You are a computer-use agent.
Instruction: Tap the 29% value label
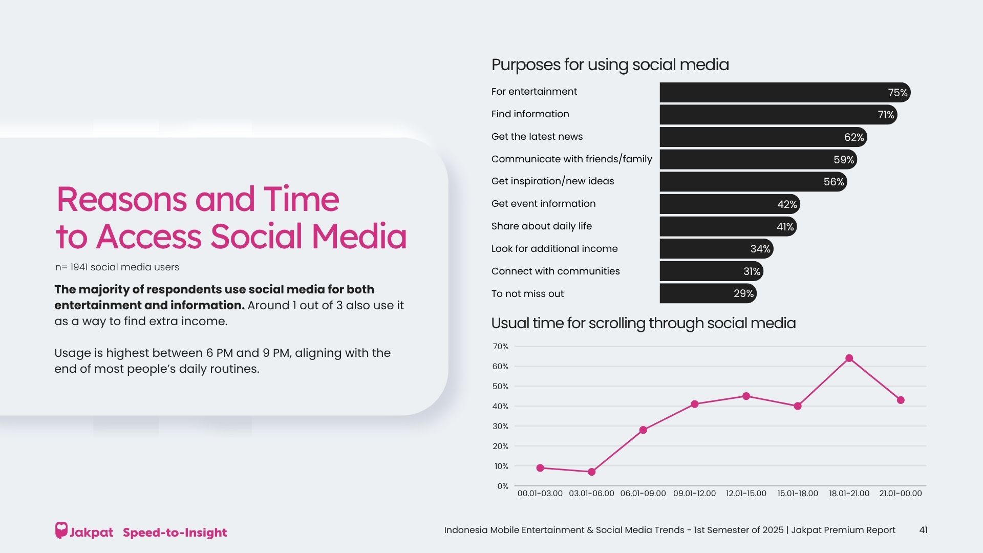[743, 293]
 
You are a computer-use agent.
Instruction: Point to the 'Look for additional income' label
[554, 249]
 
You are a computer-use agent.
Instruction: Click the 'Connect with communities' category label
[555, 271]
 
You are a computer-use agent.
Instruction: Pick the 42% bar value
[787, 204]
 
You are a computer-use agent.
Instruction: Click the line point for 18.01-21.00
[849, 358]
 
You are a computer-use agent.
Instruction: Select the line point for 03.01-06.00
[591, 472]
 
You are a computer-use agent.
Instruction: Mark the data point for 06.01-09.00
[643, 430]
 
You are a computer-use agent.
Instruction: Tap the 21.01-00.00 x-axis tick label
[900, 494]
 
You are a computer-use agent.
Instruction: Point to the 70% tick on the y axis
[500, 347]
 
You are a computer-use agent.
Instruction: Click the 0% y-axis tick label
[502, 486]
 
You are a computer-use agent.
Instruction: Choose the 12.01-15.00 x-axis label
[746, 494]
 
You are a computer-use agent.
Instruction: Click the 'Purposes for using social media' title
[610, 65]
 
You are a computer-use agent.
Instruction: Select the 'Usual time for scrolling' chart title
[643, 324]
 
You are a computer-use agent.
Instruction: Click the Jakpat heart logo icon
[61, 530]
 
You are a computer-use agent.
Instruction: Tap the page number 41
[923, 530]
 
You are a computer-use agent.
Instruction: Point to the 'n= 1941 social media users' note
[117, 267]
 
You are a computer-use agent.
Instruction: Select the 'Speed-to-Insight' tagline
[175, 533]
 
